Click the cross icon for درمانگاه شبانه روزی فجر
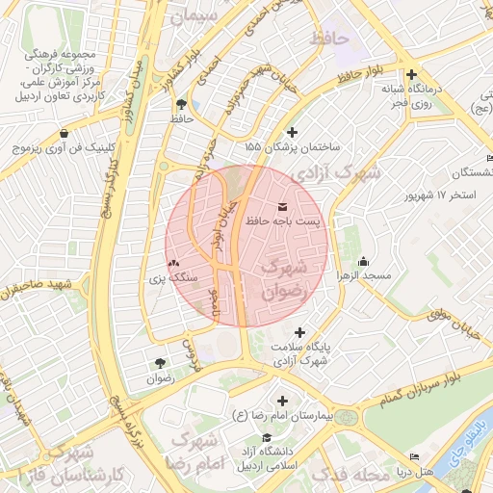click(411, 74)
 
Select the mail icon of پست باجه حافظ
click(281, 207)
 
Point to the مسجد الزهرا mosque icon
click(363, 261)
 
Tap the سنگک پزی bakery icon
click(173, 263)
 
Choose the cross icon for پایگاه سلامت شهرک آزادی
click(307, 331)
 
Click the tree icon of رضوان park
click(160, 363)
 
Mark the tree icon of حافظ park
click(182, 103)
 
